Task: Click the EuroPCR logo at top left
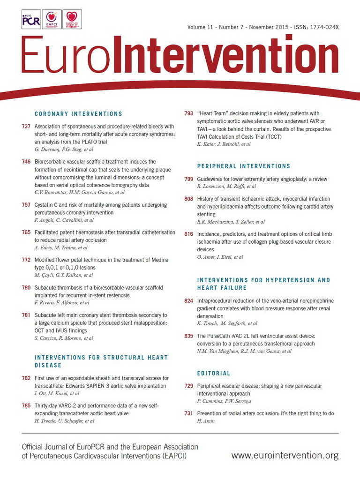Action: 31,20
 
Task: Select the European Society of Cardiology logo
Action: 72,20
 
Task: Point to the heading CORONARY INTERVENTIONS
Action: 78,114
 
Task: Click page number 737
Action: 27,127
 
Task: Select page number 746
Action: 27,162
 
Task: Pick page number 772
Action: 27,260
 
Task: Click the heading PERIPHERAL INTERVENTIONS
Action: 244,166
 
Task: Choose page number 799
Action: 189,179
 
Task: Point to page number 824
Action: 189,301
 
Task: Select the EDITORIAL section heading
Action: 214,374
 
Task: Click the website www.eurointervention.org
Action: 285,455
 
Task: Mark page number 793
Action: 189,113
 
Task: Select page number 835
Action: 189,336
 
